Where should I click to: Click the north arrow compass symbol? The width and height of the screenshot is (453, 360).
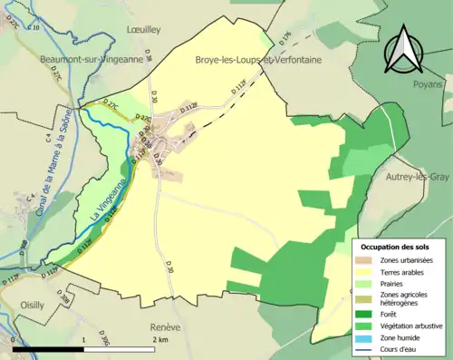pos(403,51)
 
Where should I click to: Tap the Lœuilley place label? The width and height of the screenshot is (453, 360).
pos(142,30)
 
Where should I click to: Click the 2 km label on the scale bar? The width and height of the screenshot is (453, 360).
pos(159,339)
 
